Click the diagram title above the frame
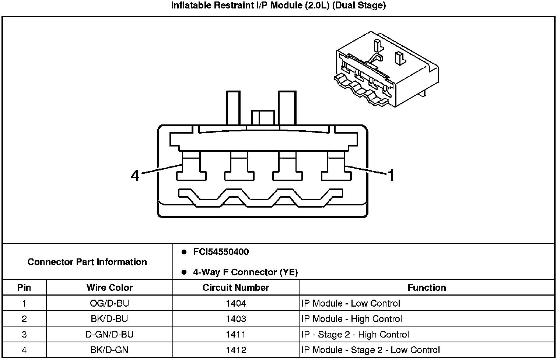[278, 6]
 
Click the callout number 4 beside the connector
[135, 175]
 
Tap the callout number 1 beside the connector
[391, 175]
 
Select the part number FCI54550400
[221, 252]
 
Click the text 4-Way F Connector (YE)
[245, 272]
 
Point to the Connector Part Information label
[87, 262]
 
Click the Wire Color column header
[109, 287]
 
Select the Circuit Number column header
[236, 287]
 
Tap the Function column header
[427, 287]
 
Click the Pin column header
[24, 287]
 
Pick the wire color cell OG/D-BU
[109, 303]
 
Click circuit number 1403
[236, 319]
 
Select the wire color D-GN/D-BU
[109, 334]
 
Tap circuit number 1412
[236, 350]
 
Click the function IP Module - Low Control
[350, 303]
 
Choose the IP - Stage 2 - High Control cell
[355, 334]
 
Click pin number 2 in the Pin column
[24, 319]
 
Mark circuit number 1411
[236, 334]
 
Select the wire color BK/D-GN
[109, 350]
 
